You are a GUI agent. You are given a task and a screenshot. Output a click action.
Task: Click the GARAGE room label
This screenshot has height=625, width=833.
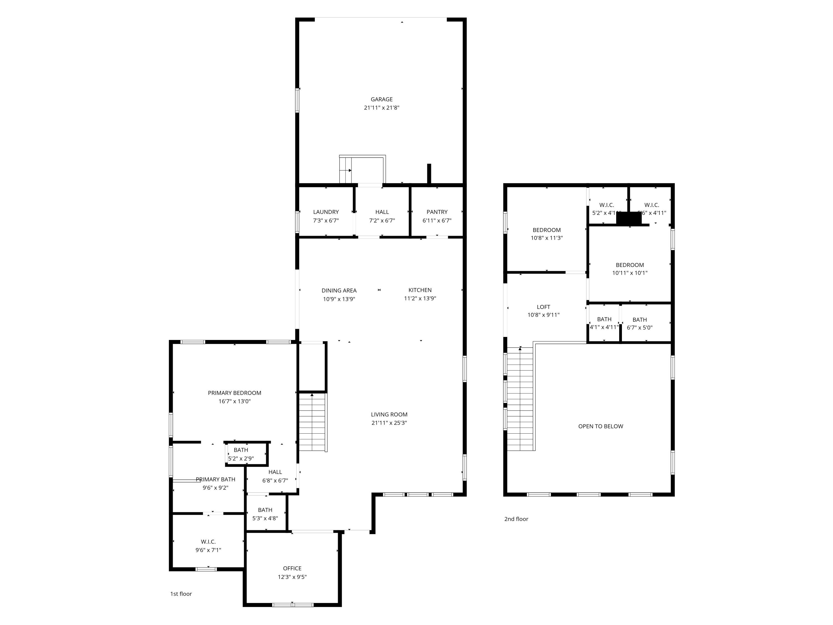[x=382, y=99]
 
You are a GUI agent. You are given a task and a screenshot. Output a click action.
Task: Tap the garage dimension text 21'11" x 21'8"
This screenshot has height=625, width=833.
[x=382, y=108]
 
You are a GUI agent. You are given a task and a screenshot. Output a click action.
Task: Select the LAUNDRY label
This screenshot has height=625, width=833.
[x=326, y=212]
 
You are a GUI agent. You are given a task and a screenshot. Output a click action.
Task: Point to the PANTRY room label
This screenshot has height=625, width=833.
[x=437, y=212]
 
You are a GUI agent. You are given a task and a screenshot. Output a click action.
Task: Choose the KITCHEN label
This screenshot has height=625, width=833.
[x=420, y=290]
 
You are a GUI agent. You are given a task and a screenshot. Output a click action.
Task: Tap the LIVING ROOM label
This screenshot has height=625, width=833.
[x=389, y=414]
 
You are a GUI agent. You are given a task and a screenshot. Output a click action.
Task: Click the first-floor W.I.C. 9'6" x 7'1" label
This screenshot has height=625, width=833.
[x=208, y=546]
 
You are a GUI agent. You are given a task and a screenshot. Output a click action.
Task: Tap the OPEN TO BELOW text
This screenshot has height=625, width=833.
[x=601, y=426]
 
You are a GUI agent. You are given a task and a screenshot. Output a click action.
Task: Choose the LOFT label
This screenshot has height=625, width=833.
[x=543, y=307]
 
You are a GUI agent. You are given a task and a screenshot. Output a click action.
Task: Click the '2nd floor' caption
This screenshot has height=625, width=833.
[x=516, y=519]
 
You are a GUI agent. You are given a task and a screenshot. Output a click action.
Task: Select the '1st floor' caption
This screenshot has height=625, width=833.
[x=181, y=594]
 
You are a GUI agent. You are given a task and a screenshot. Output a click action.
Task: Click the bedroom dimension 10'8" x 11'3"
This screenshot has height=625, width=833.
[x=547, y=238]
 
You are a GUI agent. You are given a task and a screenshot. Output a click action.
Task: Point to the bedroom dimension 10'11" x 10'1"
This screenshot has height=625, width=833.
[x=630, y=273]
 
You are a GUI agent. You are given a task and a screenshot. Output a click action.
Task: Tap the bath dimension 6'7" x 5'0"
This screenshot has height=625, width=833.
[x=639, y=328]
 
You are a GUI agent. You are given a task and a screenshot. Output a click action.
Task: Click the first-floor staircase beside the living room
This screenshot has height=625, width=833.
[x=312, y=422]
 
